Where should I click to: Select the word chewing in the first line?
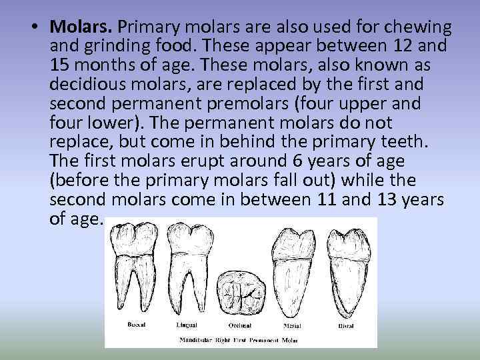[421, 28]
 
